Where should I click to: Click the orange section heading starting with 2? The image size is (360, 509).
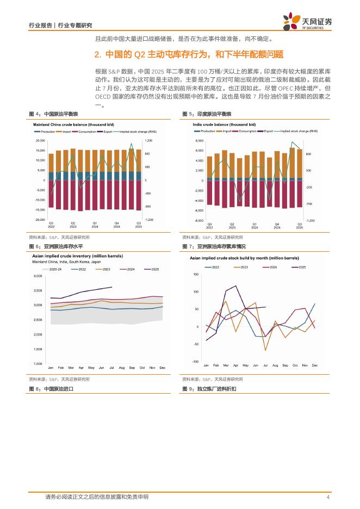click(x=189, y=55)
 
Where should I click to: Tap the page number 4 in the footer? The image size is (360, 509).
click(x=328, y=497)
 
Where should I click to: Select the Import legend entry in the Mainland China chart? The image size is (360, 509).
click(x=67, y=131)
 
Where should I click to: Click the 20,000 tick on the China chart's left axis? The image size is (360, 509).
click(x=40, y=140)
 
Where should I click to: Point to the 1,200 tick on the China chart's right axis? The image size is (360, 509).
click(x=148, y=140)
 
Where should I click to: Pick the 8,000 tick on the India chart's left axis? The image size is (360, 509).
click(x=199, y=140)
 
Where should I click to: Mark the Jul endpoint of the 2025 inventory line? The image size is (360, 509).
click(x=111, y=287)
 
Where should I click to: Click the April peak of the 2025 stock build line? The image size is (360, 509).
click(x=235, y=286)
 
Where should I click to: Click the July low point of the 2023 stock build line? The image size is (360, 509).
click(x=265, y=351)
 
